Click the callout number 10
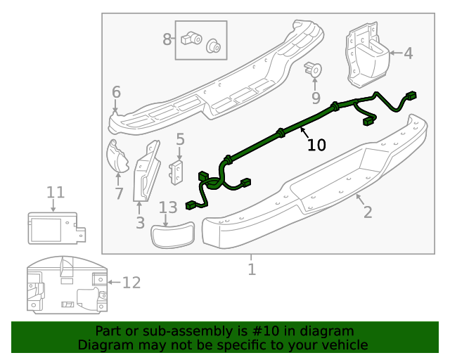point(316,145)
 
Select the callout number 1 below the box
point(251,269)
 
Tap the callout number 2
point(368,211)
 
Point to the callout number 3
point(140,223)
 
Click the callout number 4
point(408,53)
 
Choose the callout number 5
point(180,139)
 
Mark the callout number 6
point(116,91)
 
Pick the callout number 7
point(119,193)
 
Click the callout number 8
point(167,39)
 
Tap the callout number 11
point(56,192)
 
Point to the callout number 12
point(131,283)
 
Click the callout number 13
point(168,207)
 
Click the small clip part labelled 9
point(314,70)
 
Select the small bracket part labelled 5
point(177,172)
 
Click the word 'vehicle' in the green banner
point(345,345)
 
